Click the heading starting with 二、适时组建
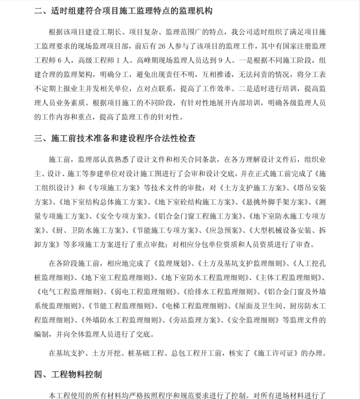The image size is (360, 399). pyautogui.click(x=123, y=10)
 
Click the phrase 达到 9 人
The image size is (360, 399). pyautogui.click(x=216, y=60)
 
